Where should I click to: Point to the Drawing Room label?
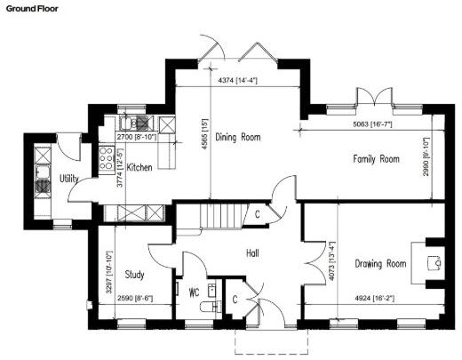[380, 263]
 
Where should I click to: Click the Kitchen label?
[140, 167]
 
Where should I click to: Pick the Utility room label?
[69, 179]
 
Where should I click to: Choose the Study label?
[135, 274]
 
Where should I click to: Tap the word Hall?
[252, 253]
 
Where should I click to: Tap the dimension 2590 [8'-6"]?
[135, 300]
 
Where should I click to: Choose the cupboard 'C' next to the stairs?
[257, 213]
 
